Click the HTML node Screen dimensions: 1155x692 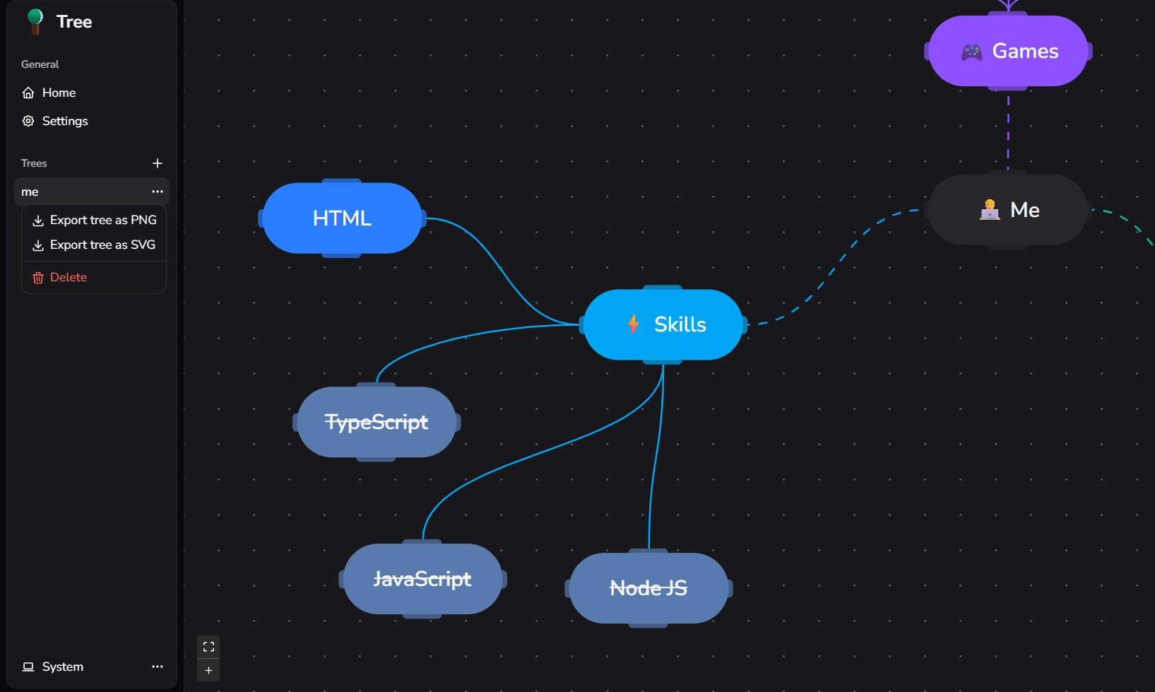click(x=342, y=218)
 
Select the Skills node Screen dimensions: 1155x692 click(x=663, y=324)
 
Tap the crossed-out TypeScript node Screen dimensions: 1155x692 click(x=377, y=422)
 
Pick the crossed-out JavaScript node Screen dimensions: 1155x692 click(x=422, y=579)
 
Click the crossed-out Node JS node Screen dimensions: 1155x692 click(x=648, y=588)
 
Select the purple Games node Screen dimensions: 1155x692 click(x=1008, y=51)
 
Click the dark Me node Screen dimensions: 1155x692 click(x=1008, y=209)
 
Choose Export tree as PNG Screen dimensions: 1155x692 click(x=94, y=220)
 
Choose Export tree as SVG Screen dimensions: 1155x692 click(x=94, y=245)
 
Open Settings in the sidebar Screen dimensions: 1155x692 click(x=54, y=121)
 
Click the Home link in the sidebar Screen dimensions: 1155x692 click(x=49, y=93)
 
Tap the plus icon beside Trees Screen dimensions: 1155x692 click(x=158, y=163)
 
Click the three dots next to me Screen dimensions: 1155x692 click(x=158, y=192)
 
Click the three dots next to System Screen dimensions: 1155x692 click(x=158, y=667)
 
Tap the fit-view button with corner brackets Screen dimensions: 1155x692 click(x=208, y=647)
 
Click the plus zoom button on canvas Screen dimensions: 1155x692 click(x=208, y=671)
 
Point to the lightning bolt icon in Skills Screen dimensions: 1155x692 click(x=633, y=324)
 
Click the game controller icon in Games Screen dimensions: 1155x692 click(x=971, y=52)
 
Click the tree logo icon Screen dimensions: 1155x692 click(x=35, y=22)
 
